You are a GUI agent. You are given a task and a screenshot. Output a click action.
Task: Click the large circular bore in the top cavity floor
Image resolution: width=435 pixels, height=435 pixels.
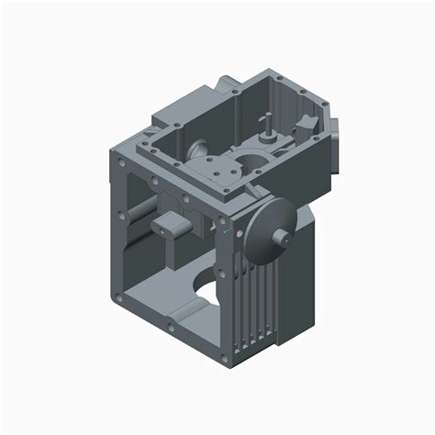250,162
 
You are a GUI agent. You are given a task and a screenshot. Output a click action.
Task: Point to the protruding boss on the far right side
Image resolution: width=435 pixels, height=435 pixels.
338,142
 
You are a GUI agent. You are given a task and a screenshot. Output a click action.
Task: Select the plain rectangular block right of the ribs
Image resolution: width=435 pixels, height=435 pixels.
299,275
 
